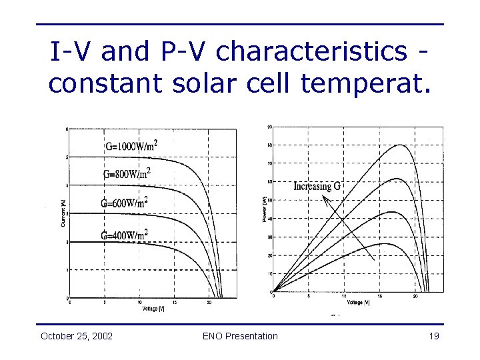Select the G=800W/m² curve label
point(126,173)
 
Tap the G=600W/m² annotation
point(123,203)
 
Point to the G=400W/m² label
point(124,234)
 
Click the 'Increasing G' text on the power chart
point(317,186)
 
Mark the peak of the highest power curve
point(400,145)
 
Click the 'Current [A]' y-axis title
point(63,214)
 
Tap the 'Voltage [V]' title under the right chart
point(353,303)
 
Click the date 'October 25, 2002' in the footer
point(76,336)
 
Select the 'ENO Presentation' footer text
point(240,336)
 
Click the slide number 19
point(433,336)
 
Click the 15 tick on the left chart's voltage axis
point(175,303)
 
